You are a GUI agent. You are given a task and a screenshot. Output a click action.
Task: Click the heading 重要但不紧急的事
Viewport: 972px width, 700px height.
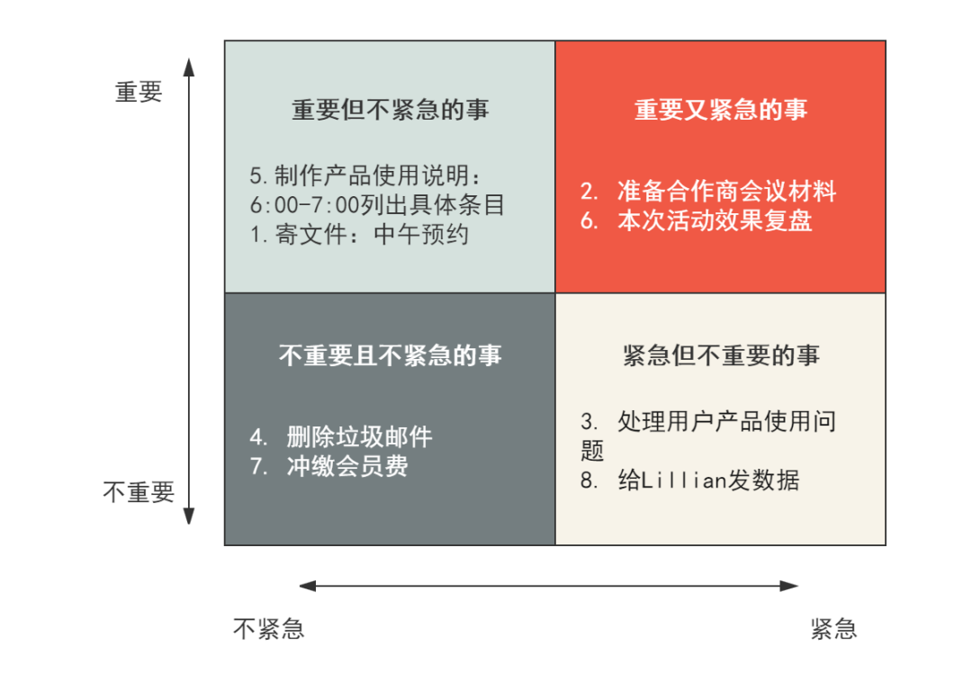(x=390, y=110)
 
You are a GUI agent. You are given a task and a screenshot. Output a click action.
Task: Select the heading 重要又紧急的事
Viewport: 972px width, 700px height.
(x=721, y=110)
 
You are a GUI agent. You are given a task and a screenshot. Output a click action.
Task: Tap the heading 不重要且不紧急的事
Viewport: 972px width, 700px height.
(x=390, y=355)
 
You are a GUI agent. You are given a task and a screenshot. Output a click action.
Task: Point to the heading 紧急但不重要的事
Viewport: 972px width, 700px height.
(x=721, y=355)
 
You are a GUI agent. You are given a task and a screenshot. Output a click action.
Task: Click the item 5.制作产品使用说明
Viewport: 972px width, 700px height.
(x=366, y=175)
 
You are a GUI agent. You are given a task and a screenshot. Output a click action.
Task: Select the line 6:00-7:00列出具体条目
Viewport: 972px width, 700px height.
(x=377, y=204)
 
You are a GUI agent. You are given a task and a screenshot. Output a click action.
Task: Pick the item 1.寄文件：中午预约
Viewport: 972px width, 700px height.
(x=359, y=235)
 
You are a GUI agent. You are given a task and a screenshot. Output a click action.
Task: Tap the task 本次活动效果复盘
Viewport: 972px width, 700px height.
(x=715, y=221)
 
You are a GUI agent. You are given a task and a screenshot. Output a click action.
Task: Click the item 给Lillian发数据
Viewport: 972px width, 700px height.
(x=708, y=480)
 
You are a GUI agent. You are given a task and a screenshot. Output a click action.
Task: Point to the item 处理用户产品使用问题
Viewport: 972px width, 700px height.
(x=726, y=421)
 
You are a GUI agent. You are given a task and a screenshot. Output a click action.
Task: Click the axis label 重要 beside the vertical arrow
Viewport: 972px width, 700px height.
(x=139, y=92)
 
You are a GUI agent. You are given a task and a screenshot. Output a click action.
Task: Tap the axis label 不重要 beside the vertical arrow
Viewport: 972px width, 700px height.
(x=138, y=493)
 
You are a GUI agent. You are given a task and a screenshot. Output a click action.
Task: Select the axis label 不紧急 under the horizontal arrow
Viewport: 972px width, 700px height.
(x=268, y=629)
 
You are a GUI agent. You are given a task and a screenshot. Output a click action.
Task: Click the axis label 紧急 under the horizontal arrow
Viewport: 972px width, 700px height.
(x=832, y=629)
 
